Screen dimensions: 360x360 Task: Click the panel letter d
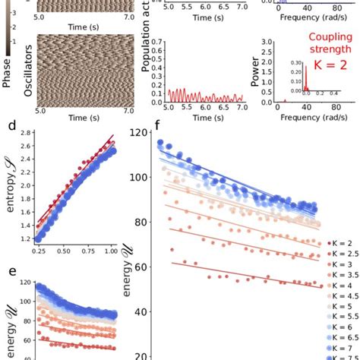[6, 123]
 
